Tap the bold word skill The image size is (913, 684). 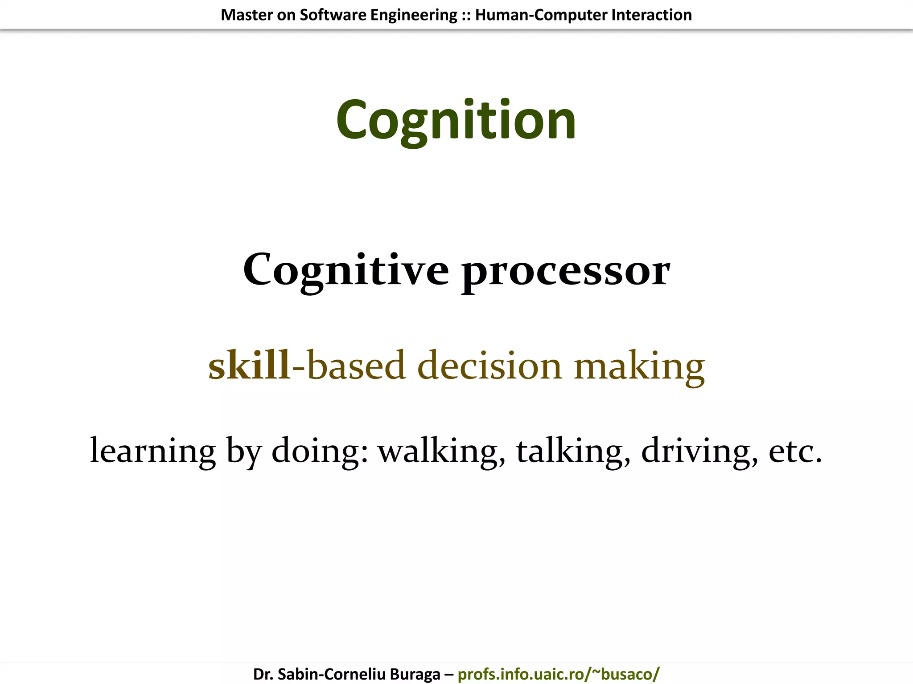pyautogui.click(x=249, y=366)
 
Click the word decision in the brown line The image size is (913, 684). pyautogui.click(x=489, y=366)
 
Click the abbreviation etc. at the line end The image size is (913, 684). pyautogui.click(x=795, y=451)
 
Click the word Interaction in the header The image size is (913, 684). pyautogui.click(x=651, y=15)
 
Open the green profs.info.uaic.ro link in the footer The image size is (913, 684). pyautogui.click(x=558, y=674)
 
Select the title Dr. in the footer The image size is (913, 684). pyautogui.click(x=263, y=674)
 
